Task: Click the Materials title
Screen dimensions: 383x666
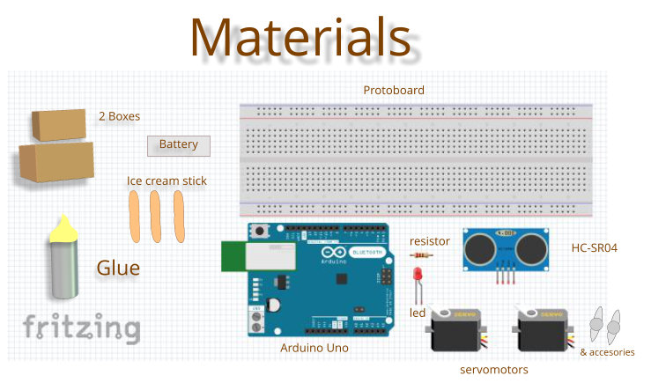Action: pos(300,37)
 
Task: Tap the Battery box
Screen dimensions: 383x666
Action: pos(178,144)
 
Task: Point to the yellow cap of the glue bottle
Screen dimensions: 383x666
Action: pos(63,230)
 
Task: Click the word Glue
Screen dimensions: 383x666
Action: pos(118,268)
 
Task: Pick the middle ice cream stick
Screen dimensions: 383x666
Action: pos(156,217)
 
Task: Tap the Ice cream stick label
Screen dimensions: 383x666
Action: pos(166,181)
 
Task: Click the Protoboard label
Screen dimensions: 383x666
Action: pos(394,91)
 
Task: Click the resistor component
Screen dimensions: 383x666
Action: pos(422,256)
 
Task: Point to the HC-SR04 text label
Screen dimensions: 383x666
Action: pos(595,248)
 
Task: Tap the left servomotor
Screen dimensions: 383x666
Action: pos(457,332)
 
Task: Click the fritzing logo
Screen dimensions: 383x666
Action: pos(81,328)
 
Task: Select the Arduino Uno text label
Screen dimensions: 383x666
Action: pos(314,348)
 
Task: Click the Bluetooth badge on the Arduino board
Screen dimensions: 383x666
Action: pos(366,252)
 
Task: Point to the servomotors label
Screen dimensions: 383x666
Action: pos(494,370)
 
